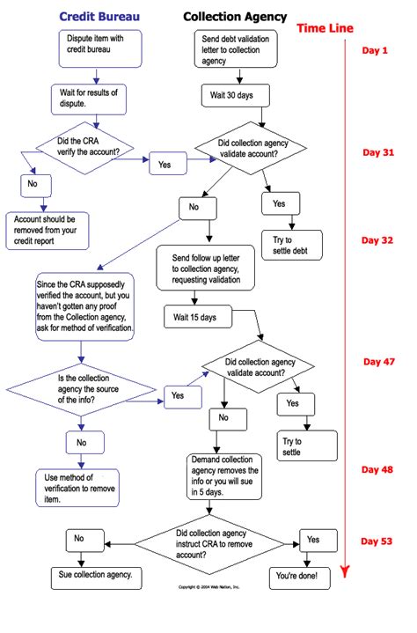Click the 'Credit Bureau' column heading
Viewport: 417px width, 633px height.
97,17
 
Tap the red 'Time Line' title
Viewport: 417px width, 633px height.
325,28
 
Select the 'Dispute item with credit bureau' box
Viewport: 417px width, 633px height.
96,50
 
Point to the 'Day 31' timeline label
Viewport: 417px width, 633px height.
380,152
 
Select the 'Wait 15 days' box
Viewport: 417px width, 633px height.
194,314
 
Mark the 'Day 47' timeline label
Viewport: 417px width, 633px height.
380,361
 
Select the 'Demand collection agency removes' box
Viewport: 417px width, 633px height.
225,476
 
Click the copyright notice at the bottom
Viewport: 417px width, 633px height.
208,586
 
